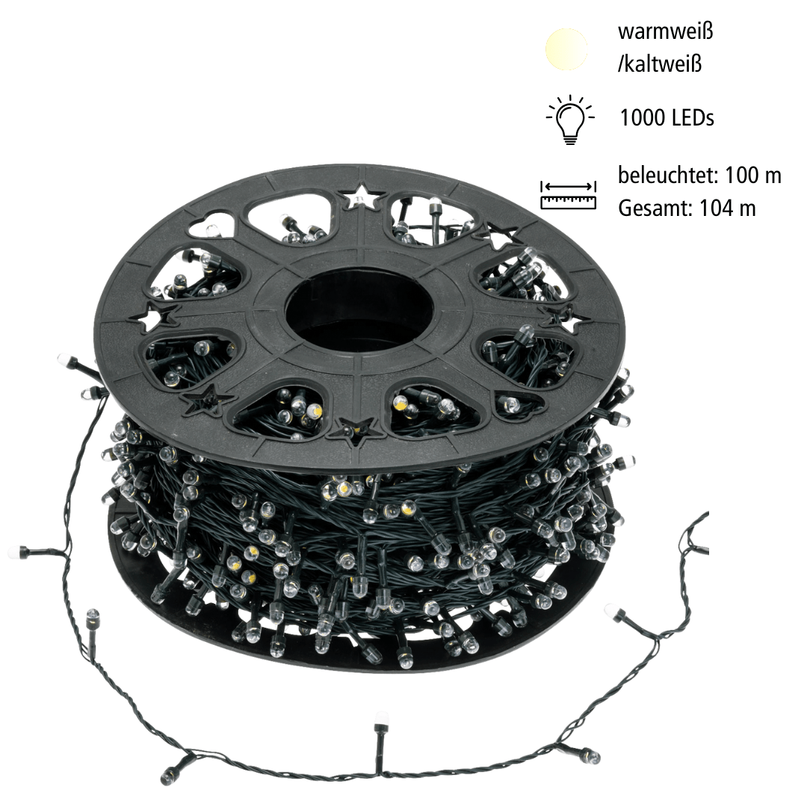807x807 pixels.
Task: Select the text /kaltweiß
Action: click(659, 64)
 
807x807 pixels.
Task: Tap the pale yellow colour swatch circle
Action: click(566, 48)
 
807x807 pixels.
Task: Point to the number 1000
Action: click(644, 117)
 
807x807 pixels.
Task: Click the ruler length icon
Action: click(569, 194)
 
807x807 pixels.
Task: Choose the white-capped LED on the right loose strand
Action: click(614, 613)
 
